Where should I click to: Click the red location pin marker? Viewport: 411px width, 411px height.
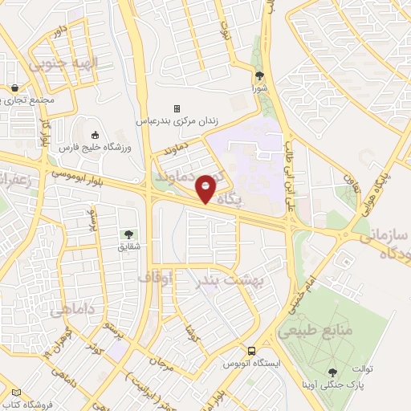click(x=205, y=188)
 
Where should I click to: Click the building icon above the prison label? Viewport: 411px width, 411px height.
click(x=177, y=108)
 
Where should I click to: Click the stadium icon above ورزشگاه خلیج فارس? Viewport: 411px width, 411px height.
click(x=95, y=135)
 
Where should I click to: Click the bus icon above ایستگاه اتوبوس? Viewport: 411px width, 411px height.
click(x=252, y=351)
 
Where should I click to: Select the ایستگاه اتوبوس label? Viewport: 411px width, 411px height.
click(x=252, y=364)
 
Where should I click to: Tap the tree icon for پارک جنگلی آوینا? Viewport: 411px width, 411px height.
click(x=332, y=372)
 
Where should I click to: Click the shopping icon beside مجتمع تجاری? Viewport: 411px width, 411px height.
click(x=15, y=88)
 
